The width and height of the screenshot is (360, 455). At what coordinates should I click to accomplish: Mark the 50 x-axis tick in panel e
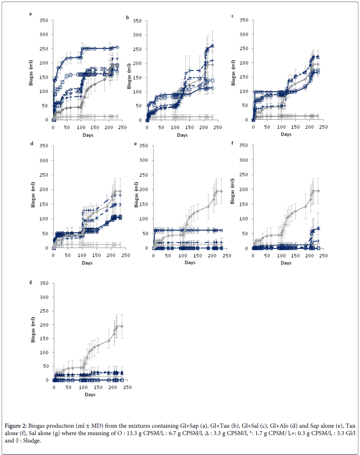click(168, 255)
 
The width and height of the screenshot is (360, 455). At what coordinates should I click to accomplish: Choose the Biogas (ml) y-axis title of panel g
click(34, 332)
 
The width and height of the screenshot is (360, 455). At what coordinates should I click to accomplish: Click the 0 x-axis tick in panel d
click(53, 255)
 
